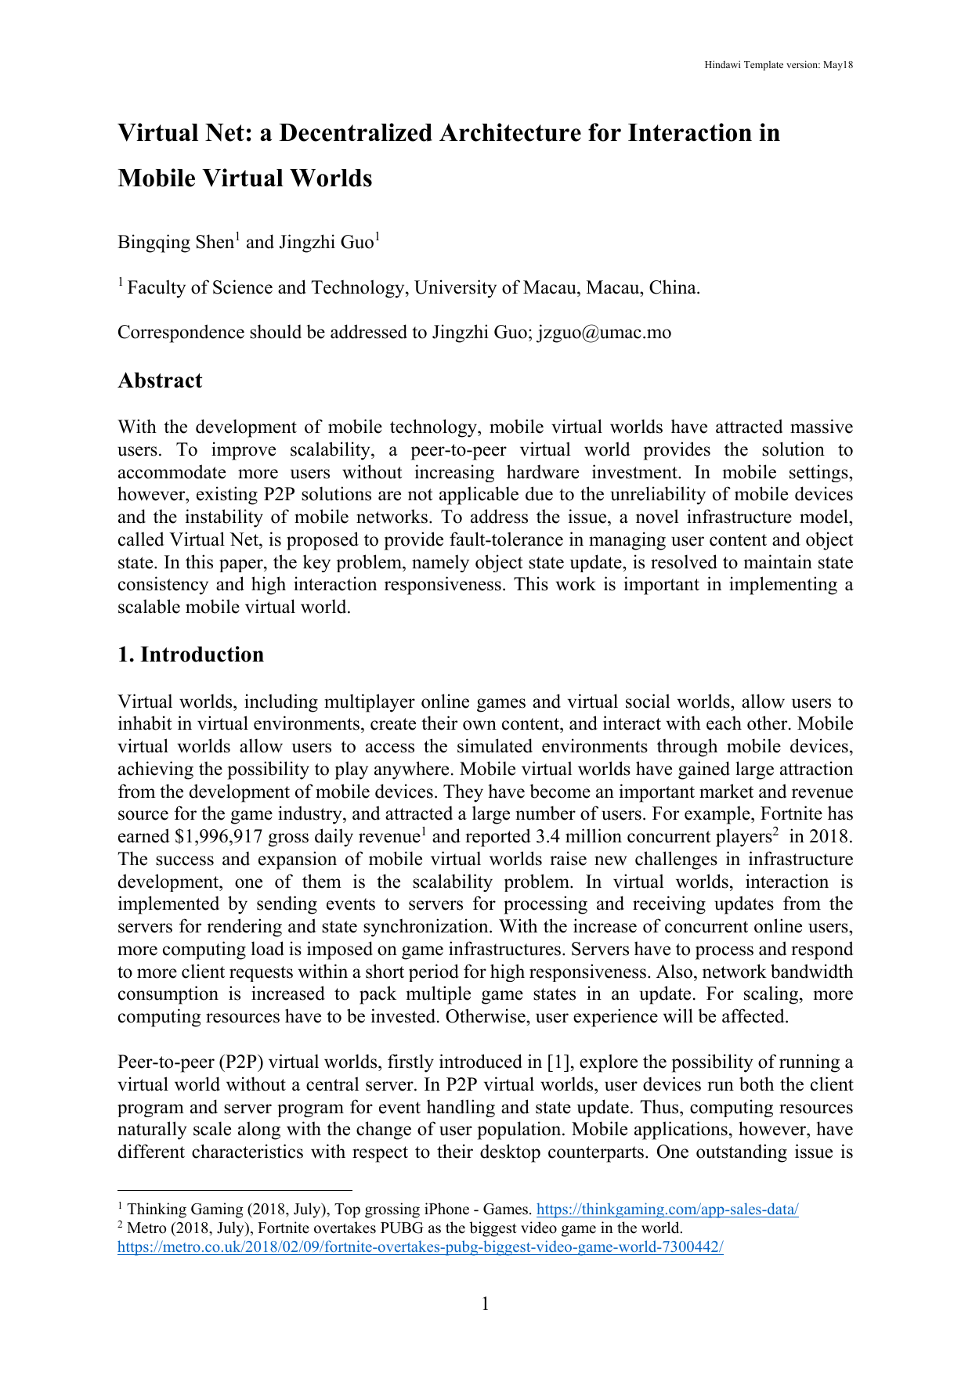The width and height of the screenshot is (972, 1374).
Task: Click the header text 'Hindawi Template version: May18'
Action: pyautogui.click(x=778, y=65)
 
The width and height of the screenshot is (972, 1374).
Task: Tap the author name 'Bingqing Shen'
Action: pyautogui.click(x=175, y=243)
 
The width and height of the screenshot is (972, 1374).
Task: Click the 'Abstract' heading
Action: pyautogui.click(x=160, y=380)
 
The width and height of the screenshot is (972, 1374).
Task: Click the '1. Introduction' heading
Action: pyautogui.click(x=190, y=655)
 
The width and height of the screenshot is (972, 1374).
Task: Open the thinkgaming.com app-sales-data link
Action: pyautogui.click(x=667, y=1210)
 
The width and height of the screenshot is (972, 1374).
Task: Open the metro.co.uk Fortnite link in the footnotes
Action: pyautogui.click(x=420, y=1247)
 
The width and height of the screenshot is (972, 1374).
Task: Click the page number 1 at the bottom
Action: pyautogui.click(x=485, y=1304)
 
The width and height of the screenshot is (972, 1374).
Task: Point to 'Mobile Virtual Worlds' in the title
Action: pyautogui.click(x=244, y=179)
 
